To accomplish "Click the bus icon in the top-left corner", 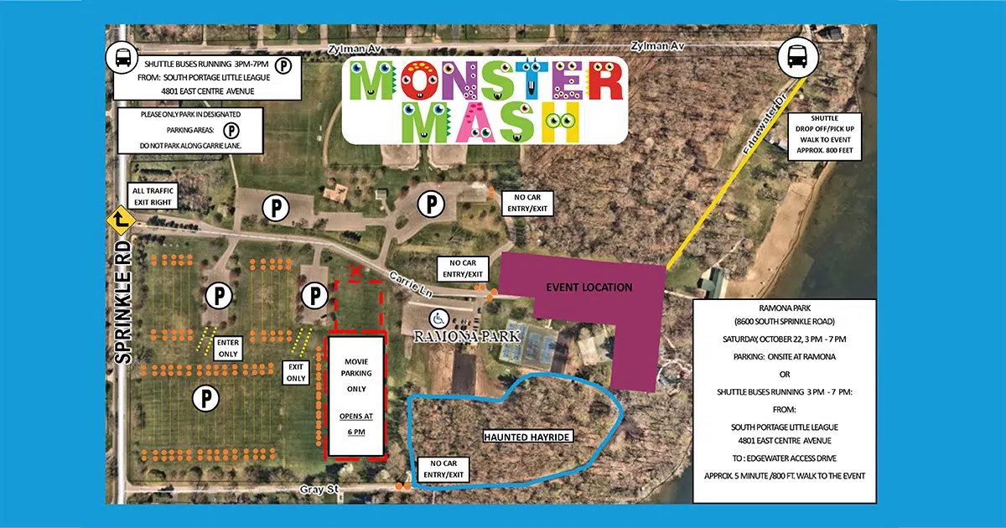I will pos(121,60).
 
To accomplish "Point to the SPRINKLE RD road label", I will pos(123,302).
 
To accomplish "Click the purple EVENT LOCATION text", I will pos(589,287).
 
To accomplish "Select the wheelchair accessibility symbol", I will pos(438,318).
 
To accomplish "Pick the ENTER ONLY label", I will pos(228,348).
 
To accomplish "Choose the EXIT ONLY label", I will pos(296,372).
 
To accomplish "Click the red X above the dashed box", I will pos(355,271).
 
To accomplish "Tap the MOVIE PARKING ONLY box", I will pos(356,396).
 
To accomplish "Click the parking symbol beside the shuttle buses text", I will pos(285,64).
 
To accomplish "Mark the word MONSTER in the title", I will pos(485,81).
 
